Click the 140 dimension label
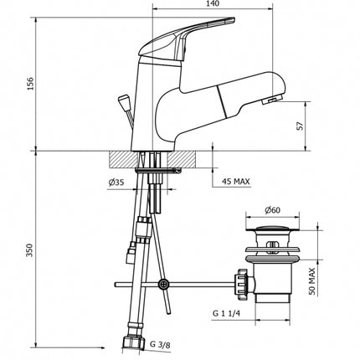pos(213,3)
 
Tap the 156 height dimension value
pos(30,84)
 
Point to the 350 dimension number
pos(30,250)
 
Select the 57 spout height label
pos(300,126)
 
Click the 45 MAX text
pos(236,182)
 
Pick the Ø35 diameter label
pos(116,183)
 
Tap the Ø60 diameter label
pos(272,210)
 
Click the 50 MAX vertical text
pos(312,281)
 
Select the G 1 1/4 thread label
pos(226,313)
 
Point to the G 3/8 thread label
pos(160,345)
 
